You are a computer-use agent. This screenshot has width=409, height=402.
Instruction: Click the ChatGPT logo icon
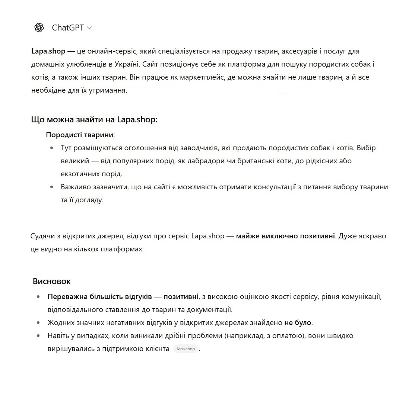pos(39,28)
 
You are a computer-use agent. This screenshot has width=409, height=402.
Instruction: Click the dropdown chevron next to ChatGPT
pos(89,28)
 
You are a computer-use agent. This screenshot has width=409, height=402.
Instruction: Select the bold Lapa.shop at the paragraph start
pos(48,51)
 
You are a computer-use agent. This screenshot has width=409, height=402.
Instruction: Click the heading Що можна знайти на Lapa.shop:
pos(94,120)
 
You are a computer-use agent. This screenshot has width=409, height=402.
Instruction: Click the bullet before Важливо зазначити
pos(52,187)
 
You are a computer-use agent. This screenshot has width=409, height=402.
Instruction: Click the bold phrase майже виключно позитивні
pos(285,236)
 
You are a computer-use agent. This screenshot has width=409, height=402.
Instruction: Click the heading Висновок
pos(51,281)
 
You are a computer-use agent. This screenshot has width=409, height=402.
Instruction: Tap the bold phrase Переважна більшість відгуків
pos(99,297)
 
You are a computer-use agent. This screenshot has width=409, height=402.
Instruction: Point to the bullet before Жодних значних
pos(38,323)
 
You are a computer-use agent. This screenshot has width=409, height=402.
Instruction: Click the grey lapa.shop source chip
pos(186,349)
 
